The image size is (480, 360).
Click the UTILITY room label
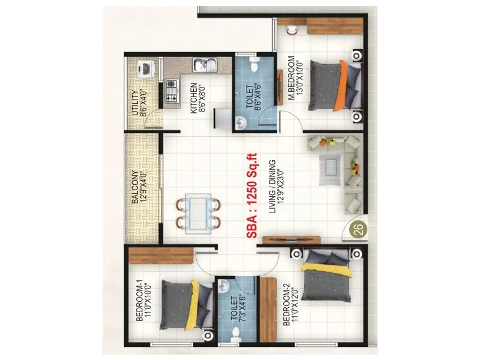(x=134, y=102)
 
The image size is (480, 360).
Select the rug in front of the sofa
(x=330, y=170)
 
